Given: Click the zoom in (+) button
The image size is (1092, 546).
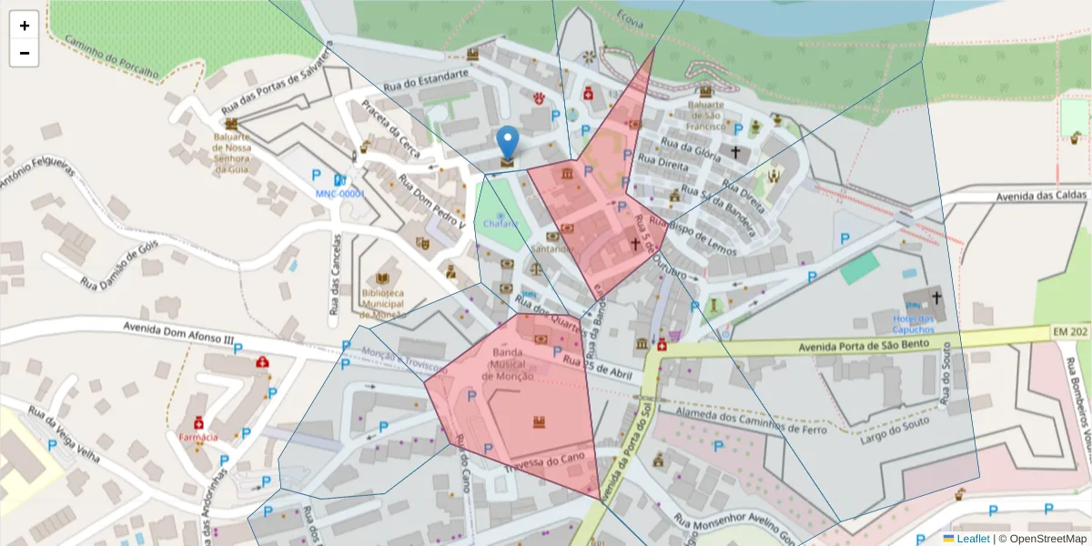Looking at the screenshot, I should pyautogui.click(x=25, y=25).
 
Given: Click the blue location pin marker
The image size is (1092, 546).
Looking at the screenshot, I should pyautogui.click(x=508, y=145).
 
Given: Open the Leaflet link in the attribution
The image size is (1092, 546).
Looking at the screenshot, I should pyautogui.click(x=973, y=539).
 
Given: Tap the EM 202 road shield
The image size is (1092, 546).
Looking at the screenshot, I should pyautogui.click(x=1070, y=333).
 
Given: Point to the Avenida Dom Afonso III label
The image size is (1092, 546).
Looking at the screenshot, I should pyautogui.click(x=178, y=332).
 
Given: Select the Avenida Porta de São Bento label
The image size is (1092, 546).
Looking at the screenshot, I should pyautogui.click(x=864, y=346).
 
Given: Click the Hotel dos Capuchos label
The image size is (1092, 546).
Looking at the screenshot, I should pyautogui.click(x=914, y=324).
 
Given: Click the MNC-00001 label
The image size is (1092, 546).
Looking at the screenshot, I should pyautogui.click(x=339, y=194).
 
